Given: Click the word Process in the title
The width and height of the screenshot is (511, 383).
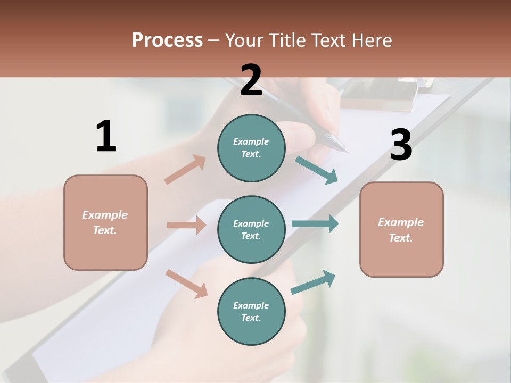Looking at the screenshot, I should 167,40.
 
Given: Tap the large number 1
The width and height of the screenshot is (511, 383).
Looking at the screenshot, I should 106,136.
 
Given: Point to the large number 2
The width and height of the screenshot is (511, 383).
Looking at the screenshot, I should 251,80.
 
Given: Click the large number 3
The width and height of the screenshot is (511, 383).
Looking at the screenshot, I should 401,145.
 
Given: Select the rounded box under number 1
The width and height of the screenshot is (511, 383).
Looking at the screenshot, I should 105,222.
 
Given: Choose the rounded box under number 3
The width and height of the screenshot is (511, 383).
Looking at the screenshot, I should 401,230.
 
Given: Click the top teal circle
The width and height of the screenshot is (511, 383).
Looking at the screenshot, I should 251,148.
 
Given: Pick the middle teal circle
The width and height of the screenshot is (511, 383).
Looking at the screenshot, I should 251,230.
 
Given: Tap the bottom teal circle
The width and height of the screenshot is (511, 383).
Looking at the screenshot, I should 251,312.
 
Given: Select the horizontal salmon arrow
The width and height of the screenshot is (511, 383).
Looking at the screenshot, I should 186,225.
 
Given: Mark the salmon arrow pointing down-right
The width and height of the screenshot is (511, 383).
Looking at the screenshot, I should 187,284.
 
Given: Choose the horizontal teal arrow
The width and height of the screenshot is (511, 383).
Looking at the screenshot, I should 315,223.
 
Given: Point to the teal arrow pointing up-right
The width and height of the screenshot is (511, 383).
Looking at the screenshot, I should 314,282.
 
